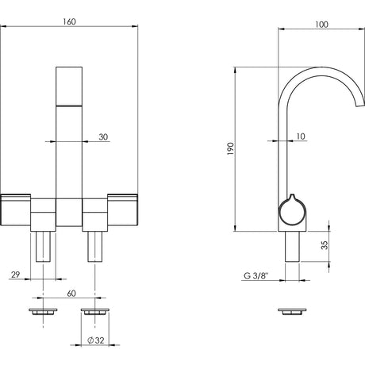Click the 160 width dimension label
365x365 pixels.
point(69,21)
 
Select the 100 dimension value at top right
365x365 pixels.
point(321,25)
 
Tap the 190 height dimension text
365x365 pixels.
point(231,148)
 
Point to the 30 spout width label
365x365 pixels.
point(103,137)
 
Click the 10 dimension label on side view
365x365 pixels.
point(301,136)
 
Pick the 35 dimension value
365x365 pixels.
point(325,245)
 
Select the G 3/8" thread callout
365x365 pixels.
point(255,276)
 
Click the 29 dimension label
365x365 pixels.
point(16,275)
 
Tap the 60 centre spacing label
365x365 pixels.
point(71,294)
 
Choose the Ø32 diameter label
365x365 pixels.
point(96,340)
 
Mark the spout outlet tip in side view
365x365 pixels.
point(360,105)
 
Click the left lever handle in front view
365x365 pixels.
point(16,210)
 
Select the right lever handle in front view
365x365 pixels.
point(122,210)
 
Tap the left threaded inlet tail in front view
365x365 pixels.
point(43,247)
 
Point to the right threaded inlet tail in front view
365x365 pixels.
point(95,247)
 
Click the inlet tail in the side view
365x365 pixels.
point(292,247)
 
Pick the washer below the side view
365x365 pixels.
point(292,311)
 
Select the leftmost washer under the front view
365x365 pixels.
point(43,311)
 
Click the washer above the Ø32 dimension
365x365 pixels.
point(95,311)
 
